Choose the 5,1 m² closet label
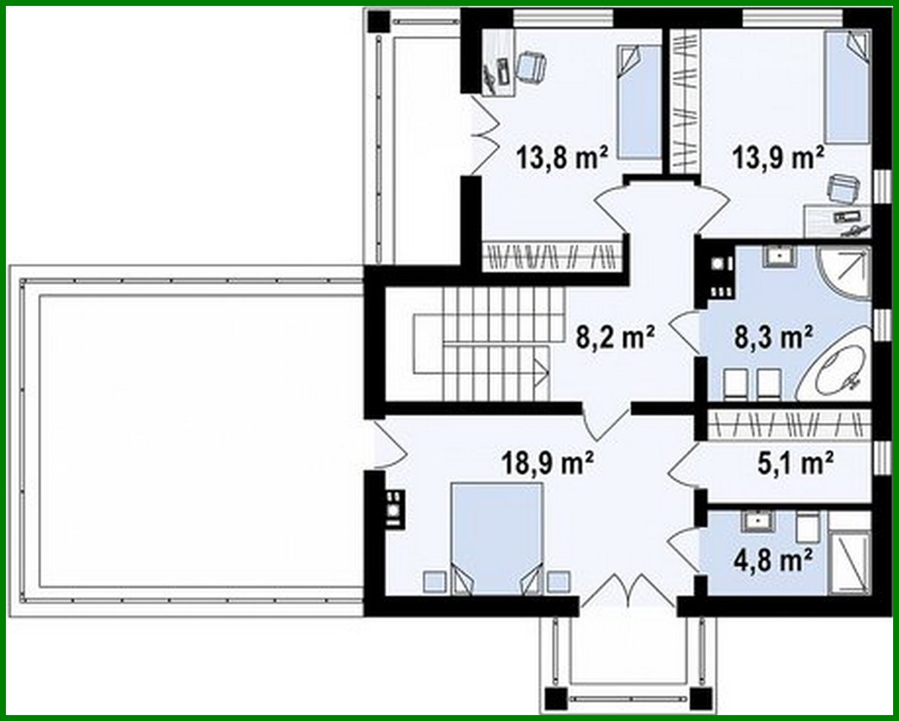click(795, 464)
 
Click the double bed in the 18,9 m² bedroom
click(497, 538)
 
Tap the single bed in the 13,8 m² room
click(638, 102)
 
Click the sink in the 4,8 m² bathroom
click(758, 521)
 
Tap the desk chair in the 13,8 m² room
click(531, 66)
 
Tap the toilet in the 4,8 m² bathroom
click(806, 525)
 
